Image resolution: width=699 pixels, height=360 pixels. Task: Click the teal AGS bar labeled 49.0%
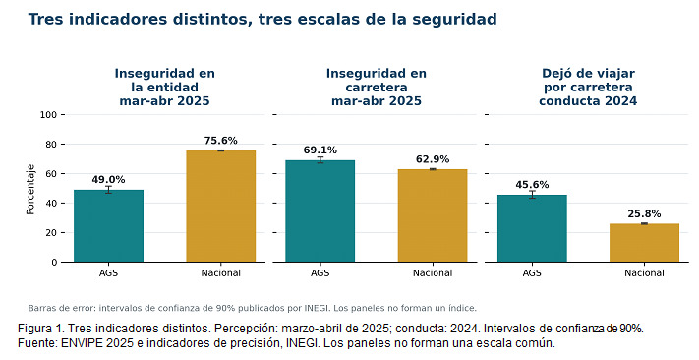tap(108, 225)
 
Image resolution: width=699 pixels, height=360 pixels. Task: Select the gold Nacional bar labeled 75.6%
tap(220, 207)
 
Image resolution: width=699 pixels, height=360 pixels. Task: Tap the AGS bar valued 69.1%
tap(320, 211)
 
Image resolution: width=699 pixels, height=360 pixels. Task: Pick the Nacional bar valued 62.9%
tap(433, 215)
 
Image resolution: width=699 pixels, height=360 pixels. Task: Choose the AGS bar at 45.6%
tap(532, 228)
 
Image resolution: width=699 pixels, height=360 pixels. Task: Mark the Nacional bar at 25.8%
tap(644, 243)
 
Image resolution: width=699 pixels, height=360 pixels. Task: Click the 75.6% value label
tap(220, 141)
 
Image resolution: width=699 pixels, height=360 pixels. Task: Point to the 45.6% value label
tap(532, 185)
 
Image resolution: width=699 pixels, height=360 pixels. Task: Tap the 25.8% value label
tap(644, 214)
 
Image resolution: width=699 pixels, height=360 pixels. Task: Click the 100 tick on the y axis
tap(48, 115)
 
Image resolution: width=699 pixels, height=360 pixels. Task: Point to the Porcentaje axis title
tap(30, 190)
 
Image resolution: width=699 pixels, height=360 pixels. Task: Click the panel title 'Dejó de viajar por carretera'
tap(588, 81)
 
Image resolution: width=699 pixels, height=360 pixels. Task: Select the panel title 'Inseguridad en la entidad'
tap(164, 81)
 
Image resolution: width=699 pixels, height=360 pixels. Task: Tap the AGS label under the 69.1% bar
tap(320, 273)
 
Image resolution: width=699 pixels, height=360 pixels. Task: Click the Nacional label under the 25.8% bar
tap(644, 273)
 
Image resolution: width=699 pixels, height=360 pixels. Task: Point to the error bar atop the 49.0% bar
tap(108, 190)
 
